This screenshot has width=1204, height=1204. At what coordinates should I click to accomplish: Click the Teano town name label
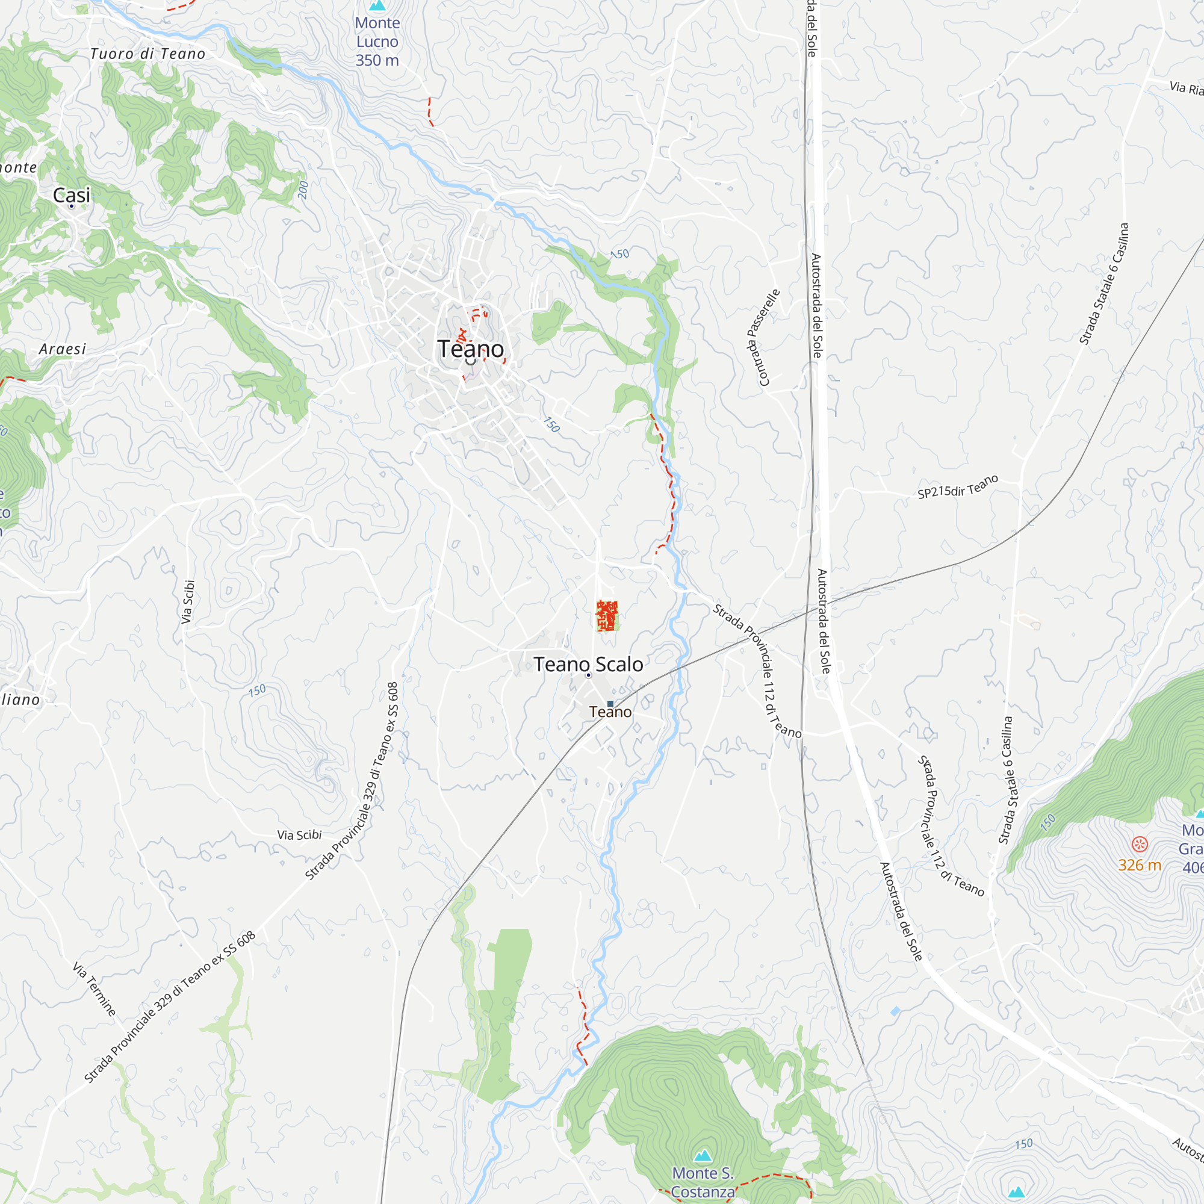[471, 349]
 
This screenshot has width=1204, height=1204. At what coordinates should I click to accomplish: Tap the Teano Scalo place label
[588, 665]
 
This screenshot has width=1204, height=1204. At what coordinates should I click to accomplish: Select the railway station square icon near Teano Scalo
[610, 704]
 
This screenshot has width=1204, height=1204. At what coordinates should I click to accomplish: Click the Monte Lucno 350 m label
[377, 41]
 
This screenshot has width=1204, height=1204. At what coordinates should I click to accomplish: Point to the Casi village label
[72, 195]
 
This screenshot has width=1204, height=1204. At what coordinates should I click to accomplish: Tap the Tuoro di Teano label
[147, 54]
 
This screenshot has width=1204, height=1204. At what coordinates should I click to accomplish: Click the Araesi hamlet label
[63, 349]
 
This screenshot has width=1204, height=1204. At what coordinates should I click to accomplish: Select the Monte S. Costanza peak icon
[703, 1155]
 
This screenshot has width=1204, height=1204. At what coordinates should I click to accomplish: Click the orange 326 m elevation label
[1139, 865]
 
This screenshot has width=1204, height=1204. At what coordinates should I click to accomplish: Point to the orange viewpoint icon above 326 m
[1139, 845]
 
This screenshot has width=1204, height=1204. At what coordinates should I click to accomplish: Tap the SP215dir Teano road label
[958, 486]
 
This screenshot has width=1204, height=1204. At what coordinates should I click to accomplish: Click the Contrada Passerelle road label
[763, 337]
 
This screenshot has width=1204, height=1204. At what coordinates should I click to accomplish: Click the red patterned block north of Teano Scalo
[607, 616]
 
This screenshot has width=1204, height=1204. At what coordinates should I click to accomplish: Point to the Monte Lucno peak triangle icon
[377, 5]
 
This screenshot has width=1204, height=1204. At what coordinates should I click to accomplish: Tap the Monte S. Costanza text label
[703, 1182]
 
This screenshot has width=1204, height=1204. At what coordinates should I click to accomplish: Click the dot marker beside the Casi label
[72, 206]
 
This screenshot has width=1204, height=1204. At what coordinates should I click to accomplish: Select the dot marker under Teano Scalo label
[588, 675]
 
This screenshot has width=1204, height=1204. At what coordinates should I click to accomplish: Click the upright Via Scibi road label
[188, 602]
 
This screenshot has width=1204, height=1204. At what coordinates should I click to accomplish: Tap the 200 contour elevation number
[303, 190]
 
